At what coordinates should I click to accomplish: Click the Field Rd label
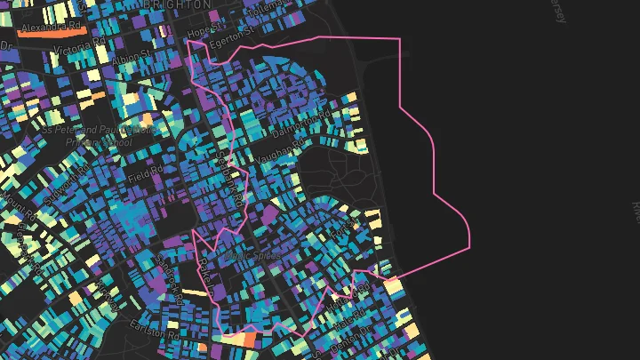point(147,174)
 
